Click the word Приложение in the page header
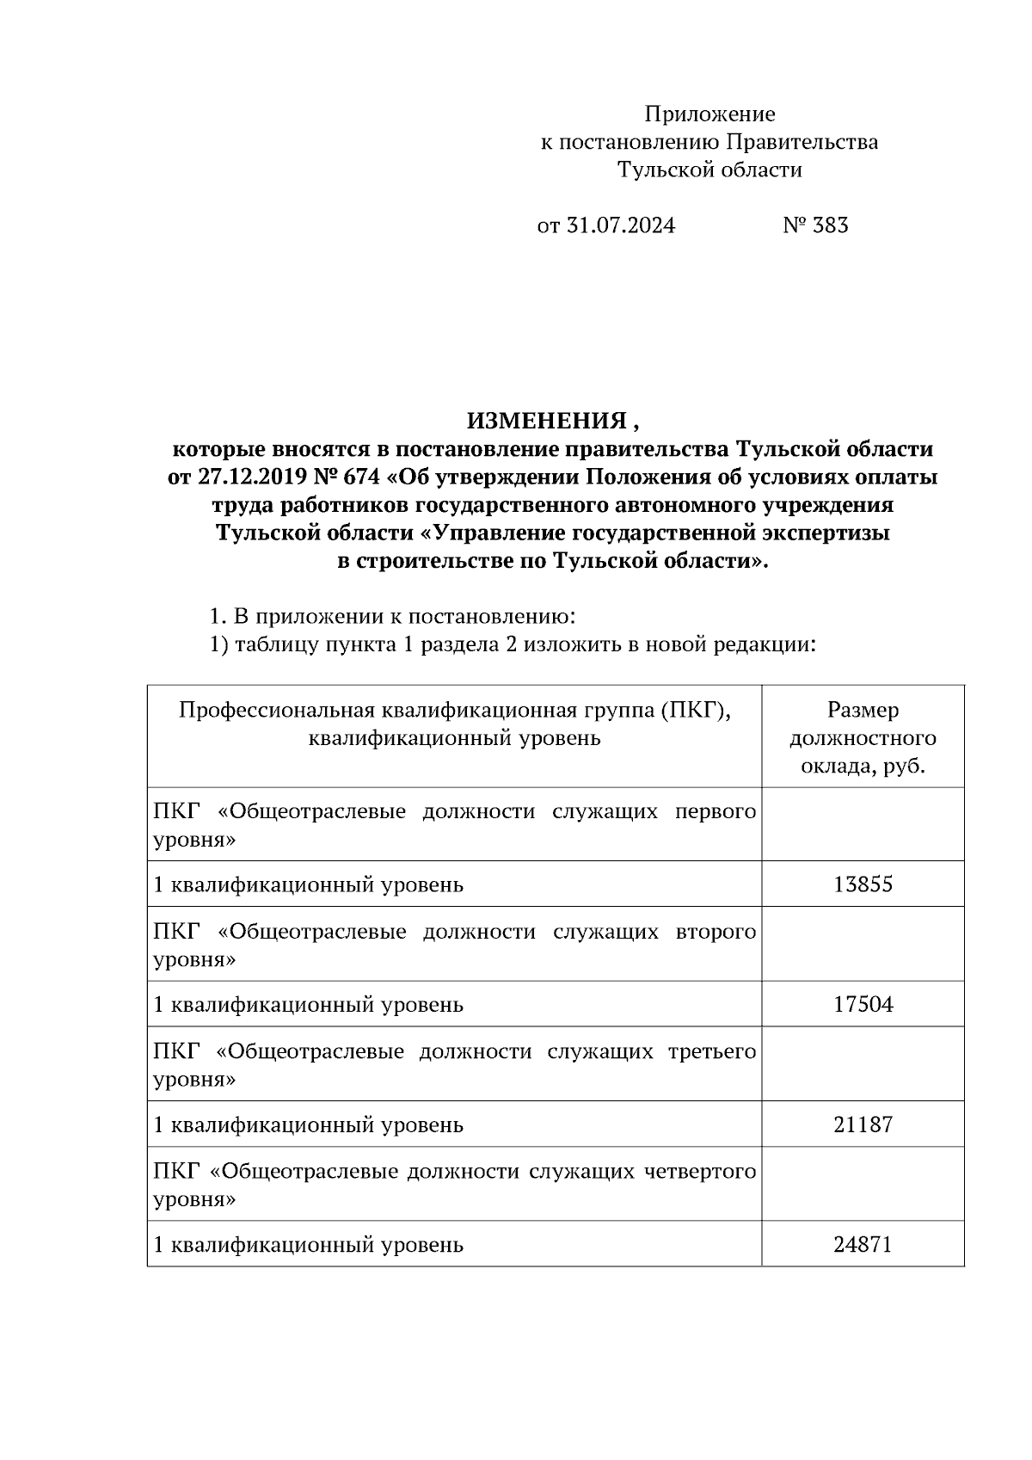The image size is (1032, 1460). [709, 114]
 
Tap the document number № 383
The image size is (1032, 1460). [815, 225]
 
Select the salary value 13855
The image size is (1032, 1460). [863, 884]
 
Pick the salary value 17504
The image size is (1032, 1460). [863, 1004]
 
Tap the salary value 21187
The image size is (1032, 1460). [863, 1124]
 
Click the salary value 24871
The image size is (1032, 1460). [863, 1244]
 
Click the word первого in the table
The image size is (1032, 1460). [716, 812]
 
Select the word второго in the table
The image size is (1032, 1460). [716, 932]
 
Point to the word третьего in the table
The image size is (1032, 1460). [712, 1051]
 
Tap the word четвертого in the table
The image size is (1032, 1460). [700, 1172]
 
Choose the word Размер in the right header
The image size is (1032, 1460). [863, 711]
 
